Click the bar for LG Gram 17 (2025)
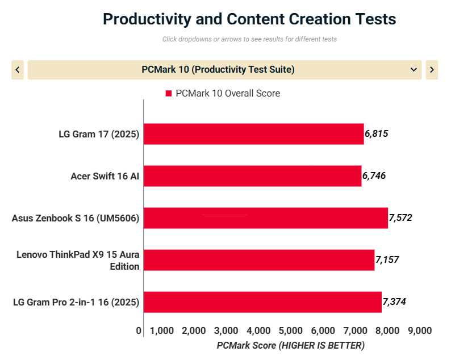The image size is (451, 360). (x=253, y=134)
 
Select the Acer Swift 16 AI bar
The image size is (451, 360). (x=252, y=176)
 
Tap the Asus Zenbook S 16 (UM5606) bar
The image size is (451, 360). (x=265, y=218)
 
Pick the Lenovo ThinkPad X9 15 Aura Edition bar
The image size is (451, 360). (x=258, y=260)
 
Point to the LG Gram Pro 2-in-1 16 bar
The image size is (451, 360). (x=262, y=302)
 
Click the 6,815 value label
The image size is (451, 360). (x=376, y=134)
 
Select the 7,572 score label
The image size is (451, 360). (x=400, y=217)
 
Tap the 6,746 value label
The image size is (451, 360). (x=374, y=176)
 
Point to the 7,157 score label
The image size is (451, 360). (x=387, y=260)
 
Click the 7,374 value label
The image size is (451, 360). (x=394, y=302)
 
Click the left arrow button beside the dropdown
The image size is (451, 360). (x=18, y=70)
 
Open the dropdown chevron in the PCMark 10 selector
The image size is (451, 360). (x=414, y=70)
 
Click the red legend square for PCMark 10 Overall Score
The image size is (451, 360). (x=169, y=94)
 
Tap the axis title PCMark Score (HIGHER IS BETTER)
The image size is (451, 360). (x=290, y=345)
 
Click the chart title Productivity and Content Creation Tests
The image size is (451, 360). (x=249, y=19)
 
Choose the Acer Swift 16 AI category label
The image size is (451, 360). (x=105, y=176)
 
